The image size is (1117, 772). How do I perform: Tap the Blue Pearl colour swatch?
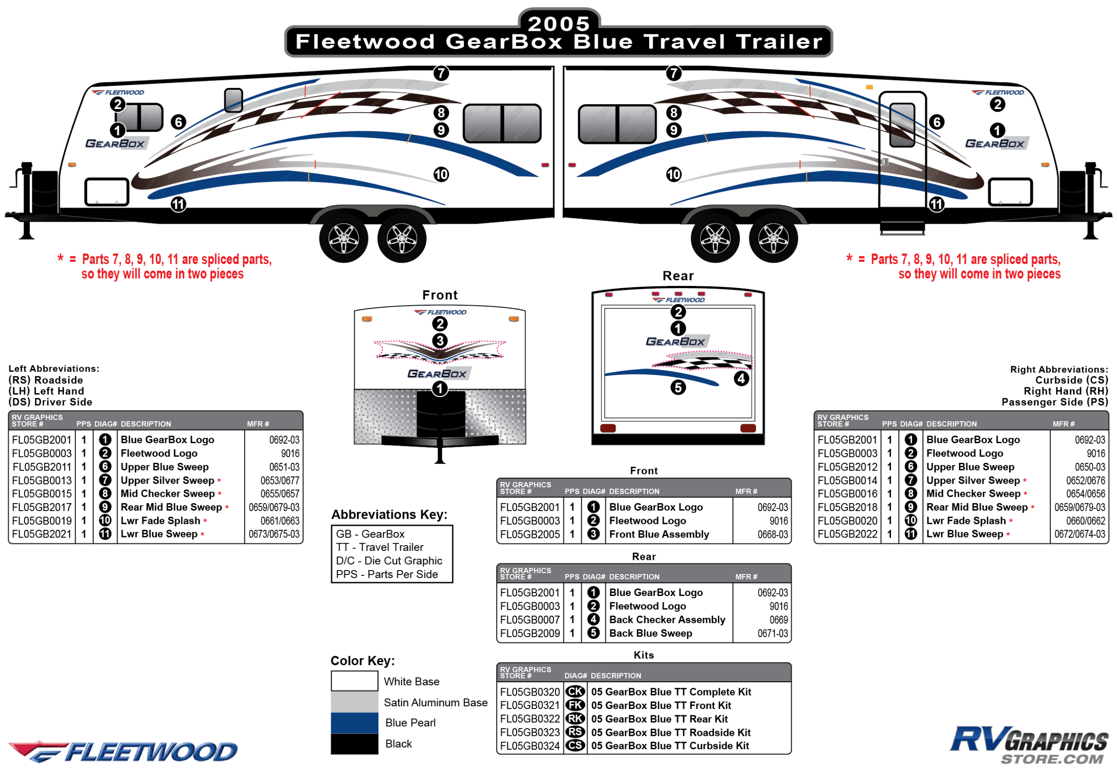(354, 723)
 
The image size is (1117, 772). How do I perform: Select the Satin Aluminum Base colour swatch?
(354, 702)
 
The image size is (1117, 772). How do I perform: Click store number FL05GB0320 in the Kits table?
(530, 692)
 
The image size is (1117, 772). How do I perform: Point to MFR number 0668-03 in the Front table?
(773, 534)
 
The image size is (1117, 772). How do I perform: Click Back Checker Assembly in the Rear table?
(667, 620)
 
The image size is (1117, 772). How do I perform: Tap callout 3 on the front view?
(440, 340)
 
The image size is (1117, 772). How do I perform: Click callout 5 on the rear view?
(678, 387)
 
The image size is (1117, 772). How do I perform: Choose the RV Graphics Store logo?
(1029, 745)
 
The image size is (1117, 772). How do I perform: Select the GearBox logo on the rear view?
(677, 341)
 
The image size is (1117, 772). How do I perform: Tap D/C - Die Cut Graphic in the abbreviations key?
(389, 561)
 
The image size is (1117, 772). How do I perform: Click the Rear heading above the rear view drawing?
(678, 276)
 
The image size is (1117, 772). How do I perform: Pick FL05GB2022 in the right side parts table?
(847, 534)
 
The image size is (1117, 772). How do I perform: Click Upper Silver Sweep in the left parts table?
(168, 480)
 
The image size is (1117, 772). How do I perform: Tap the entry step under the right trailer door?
(902, 228)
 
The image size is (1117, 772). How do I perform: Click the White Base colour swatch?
(354, 681)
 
